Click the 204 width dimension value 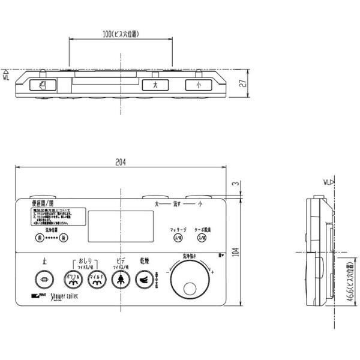click(122, 161)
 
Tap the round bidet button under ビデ click(121, 278)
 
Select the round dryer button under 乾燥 click(145, 278)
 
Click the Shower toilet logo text click(70, 295)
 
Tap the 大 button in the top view click(155, 85)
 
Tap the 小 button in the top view click(197, 85)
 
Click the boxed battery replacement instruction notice click(53, 217)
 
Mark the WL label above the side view click(327, 181)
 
